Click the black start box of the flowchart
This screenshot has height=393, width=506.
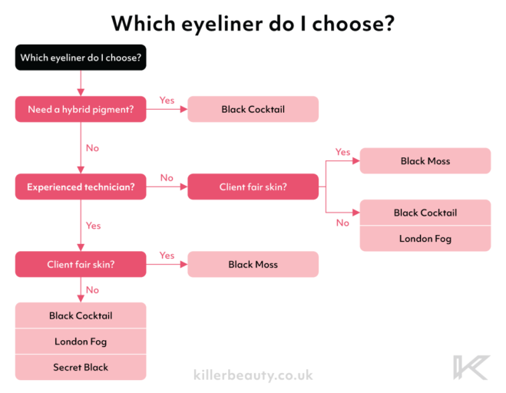point(81,58)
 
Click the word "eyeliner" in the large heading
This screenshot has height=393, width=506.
point(222,24)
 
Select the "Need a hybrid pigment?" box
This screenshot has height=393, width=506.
point(81,109)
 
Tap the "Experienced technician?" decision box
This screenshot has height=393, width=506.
point(81,187)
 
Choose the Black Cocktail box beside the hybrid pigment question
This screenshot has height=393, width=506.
point(253,109)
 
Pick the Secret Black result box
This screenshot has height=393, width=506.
point(81,367)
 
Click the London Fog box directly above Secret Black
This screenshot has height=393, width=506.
point(81,342)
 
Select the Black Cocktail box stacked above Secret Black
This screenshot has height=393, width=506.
point(81,315)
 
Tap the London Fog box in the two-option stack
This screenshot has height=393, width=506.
point(425,239)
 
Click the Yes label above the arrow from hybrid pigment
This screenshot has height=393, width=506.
point(167,101)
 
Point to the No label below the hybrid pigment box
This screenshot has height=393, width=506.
point(92,148)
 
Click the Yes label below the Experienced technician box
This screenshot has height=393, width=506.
point(93,226)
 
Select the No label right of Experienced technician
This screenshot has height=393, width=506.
point(167,178)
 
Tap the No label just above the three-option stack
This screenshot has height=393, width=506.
point(92,290)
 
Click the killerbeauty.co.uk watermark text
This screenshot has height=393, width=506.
point(253,375)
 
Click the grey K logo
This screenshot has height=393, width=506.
point(471,368)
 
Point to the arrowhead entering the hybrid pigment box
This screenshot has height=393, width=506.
point(81,93)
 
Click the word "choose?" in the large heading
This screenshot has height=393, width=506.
point(353,24)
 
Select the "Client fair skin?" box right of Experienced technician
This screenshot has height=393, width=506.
point(253,187)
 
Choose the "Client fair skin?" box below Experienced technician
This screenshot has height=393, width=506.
point(81,264)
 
